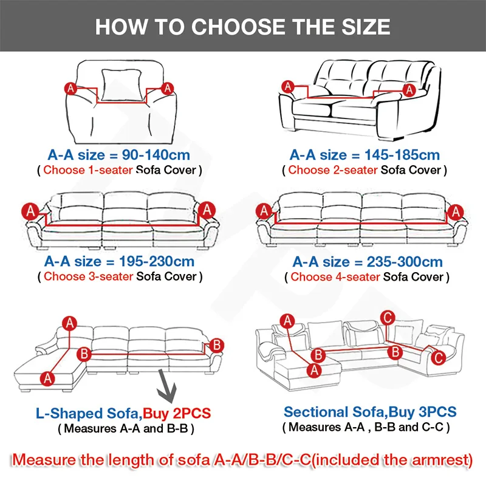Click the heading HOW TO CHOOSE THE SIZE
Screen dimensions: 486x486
243,27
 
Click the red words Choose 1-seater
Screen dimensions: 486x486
87,169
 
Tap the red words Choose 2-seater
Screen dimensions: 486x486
333,169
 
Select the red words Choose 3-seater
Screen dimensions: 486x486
89,276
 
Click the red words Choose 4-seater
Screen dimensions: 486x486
336,276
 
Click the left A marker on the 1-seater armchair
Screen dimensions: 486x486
70,89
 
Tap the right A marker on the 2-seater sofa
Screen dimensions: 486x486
409,90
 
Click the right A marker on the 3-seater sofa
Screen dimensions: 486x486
207,210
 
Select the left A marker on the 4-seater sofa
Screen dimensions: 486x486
264,211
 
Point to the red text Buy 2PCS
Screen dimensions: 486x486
177,414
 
